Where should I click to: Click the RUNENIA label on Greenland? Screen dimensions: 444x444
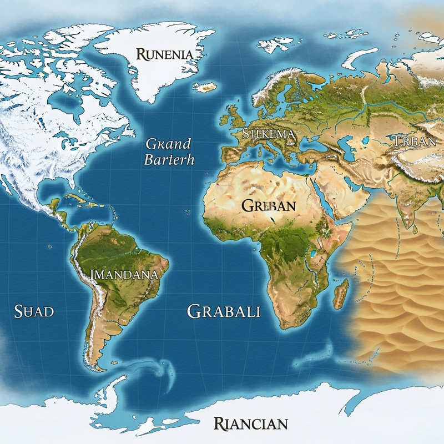pos(165,54)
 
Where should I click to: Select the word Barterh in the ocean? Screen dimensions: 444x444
pos(169,160)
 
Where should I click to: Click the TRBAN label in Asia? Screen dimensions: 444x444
pos(414,141)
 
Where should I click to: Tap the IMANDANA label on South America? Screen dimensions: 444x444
pos(123,275)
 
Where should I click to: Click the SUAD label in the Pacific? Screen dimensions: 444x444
pos(34,311)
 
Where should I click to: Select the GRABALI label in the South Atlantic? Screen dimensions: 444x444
pos(224,311)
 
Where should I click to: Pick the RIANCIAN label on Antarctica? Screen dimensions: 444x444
pos(251,425)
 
